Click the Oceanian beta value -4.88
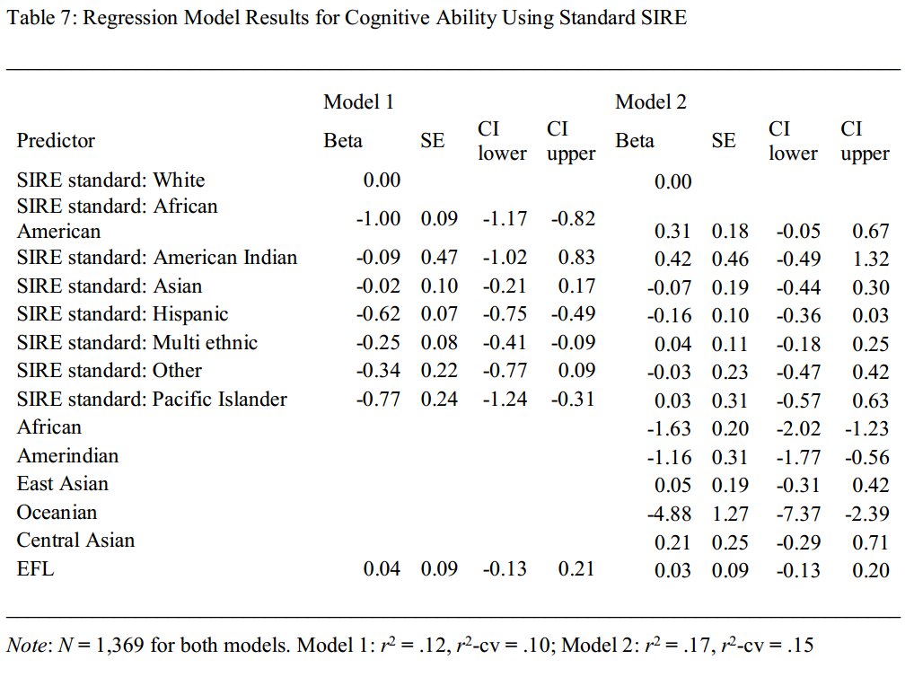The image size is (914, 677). [669, 514]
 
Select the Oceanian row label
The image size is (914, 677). [57, 513]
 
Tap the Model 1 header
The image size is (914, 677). [358, 101]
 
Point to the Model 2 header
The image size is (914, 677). [651, 101]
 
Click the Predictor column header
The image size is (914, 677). [56, 140]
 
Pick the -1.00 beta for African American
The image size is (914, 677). [378, 218]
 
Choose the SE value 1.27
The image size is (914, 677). [730, 514]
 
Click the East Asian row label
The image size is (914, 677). [62, 484]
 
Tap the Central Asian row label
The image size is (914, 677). [75, 541]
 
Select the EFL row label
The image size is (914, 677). [35, 568]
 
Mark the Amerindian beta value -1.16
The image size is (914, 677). [669, 457]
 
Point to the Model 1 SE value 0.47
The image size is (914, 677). [439, 258]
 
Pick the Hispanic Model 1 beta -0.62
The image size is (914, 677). [378, 314]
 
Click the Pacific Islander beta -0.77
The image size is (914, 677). [378, 399]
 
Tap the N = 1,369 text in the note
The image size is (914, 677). [92, 644]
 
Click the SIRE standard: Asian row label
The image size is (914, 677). [110, 286]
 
